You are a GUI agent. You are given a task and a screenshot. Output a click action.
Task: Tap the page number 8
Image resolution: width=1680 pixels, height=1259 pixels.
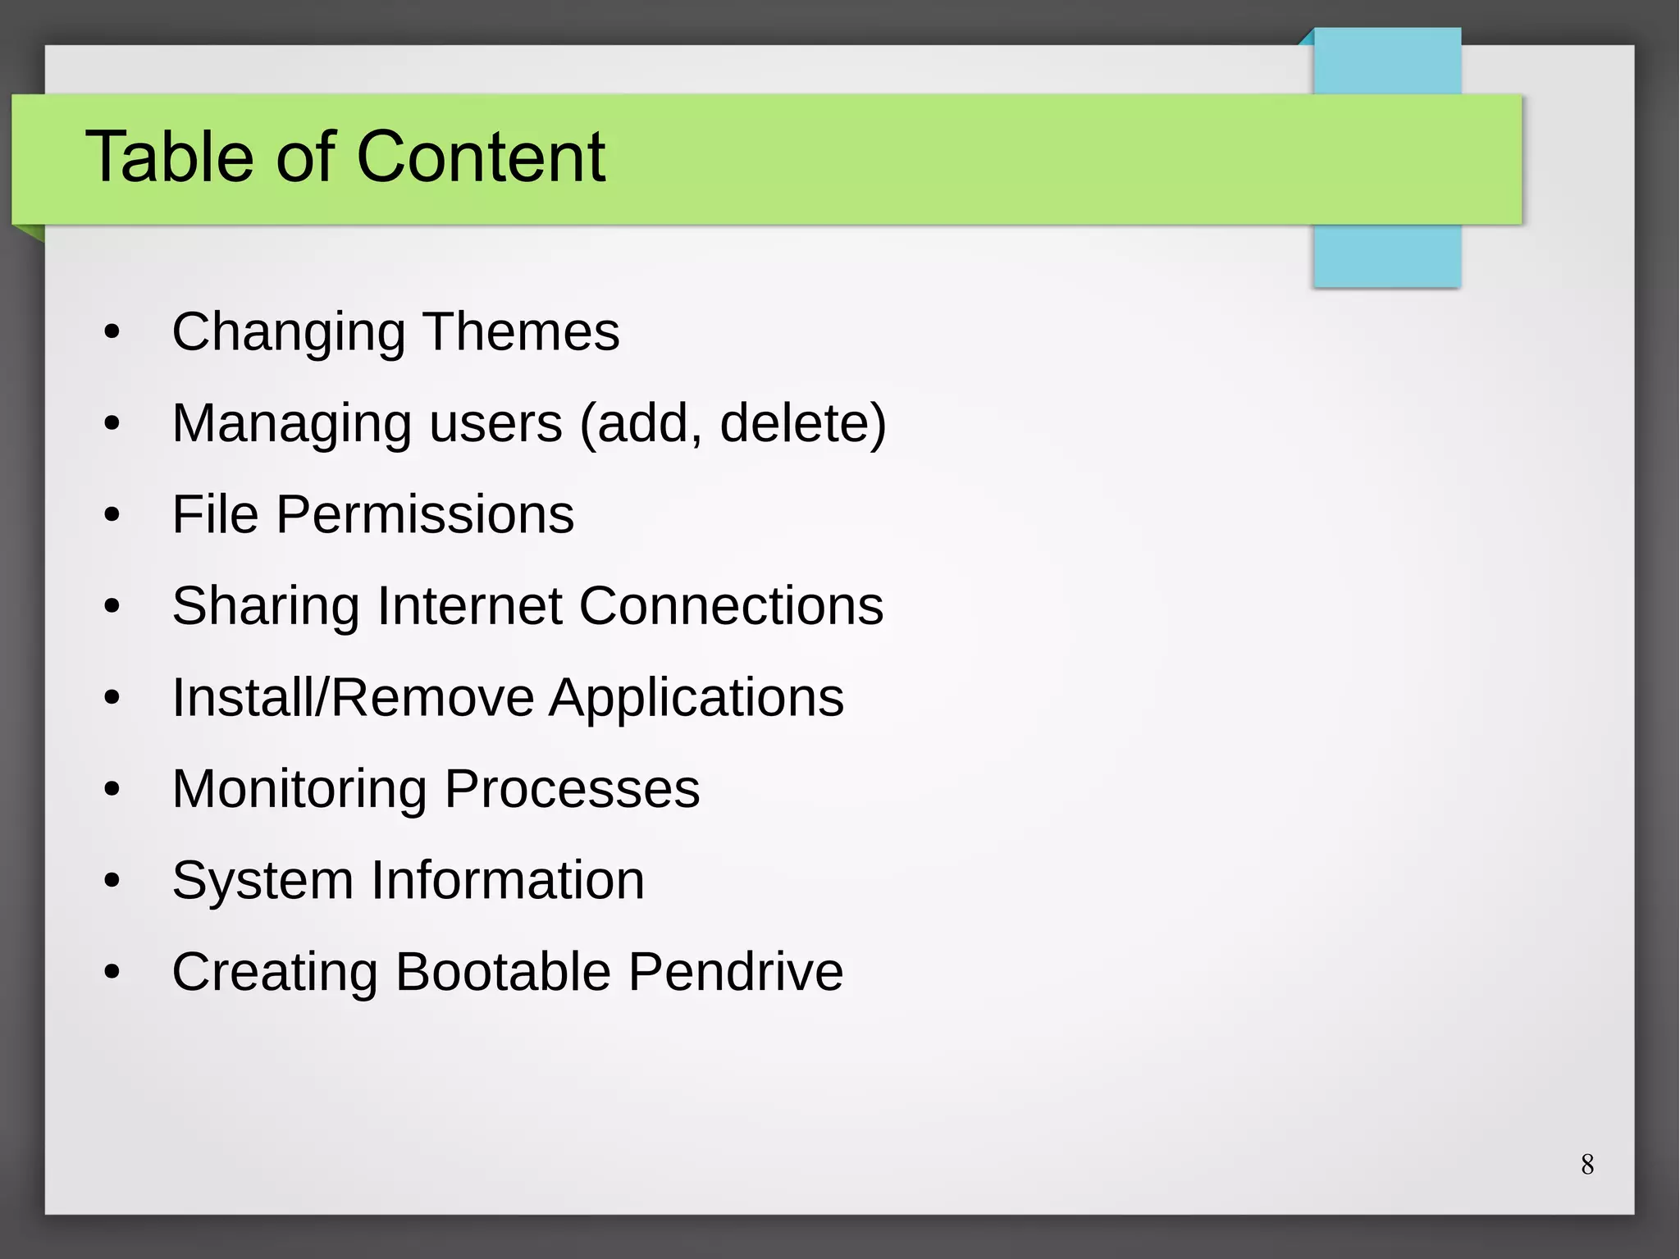coord(1587,1164)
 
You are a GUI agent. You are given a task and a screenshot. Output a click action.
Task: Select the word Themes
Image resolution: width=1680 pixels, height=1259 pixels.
coord(521,331)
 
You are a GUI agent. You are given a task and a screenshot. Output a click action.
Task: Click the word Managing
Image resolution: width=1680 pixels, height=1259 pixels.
coord(291,425)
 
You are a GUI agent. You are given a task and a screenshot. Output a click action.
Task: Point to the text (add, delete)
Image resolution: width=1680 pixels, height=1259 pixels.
coord(733,423)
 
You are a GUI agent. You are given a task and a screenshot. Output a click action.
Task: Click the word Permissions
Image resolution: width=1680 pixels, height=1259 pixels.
coord(425,515)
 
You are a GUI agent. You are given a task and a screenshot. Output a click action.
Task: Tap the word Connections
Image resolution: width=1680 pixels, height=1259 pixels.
coord(731,606)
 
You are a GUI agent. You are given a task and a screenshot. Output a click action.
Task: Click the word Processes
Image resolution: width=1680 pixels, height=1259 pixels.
coord(572,789)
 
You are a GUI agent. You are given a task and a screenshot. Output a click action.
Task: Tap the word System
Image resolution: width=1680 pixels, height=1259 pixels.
coord(262,882)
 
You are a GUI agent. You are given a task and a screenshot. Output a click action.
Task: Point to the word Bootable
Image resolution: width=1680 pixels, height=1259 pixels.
coord(503,972)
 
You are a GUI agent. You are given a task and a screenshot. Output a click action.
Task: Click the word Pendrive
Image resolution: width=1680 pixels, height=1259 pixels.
coord(736,972)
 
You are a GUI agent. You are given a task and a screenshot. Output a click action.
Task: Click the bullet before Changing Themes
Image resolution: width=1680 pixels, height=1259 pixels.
coord(112,333)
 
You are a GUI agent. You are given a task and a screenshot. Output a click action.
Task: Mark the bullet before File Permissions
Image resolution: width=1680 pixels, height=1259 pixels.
coord(112,516)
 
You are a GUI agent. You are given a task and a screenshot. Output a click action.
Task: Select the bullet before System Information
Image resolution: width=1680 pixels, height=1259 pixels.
coord(112,882)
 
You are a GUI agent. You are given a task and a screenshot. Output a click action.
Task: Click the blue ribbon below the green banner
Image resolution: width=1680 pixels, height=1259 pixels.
coord(1386,255)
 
